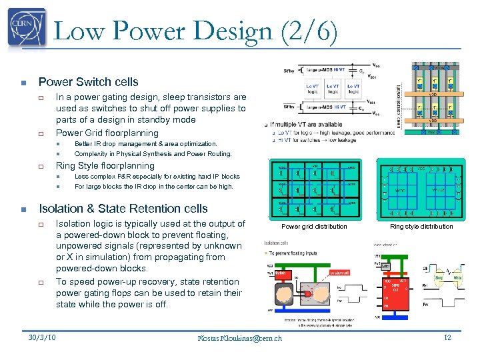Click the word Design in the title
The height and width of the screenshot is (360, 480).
click(221, 31)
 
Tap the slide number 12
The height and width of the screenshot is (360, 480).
click(447, 338)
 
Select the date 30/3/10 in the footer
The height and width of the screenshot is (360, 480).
click(42, 337)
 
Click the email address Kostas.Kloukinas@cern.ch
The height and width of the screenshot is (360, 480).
click(240, 339)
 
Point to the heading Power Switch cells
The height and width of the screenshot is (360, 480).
click(88, 82)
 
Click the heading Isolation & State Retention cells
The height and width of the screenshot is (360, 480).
click(123, 209)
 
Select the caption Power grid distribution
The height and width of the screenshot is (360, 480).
click(314, 227)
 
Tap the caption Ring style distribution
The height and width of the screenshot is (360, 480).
click(421, 227)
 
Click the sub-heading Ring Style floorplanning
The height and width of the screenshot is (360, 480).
click(105, 165)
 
